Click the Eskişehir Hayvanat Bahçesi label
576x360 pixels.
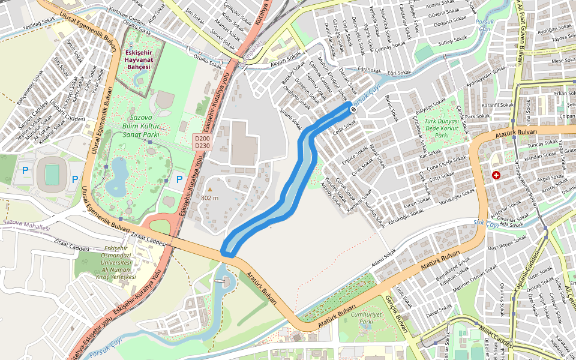tap(138, 59)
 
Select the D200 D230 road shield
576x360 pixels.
tap(202, 142)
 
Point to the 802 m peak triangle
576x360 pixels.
tap(210, 190)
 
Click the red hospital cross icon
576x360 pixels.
tap(496, 175)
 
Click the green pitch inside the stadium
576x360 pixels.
tap(52, 175)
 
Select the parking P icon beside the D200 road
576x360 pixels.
tap(179, 178)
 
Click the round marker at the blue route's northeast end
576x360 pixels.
tap(354, 109)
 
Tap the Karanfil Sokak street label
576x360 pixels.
tap(497, 105)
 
